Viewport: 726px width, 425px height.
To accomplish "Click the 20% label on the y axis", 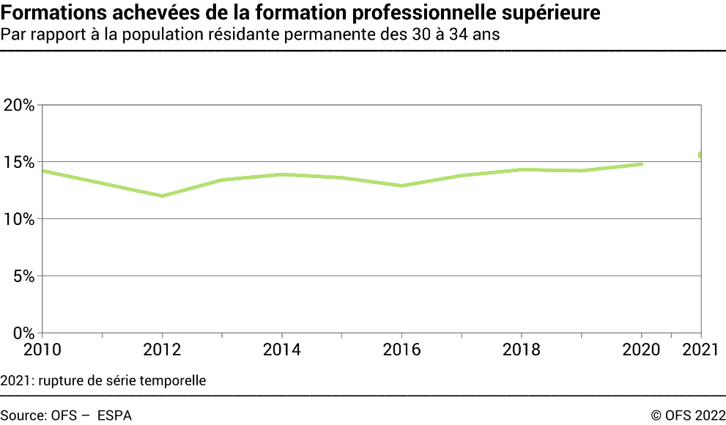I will click(20, 105).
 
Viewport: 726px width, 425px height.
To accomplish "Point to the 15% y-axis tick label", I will click(20, 162).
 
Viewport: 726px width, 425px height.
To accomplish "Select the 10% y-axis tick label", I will click(20, 219).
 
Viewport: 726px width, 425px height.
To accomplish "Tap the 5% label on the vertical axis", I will click(24, 276).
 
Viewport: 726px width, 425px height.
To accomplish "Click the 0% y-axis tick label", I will click(24, 333).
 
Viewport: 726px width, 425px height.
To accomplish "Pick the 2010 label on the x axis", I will click(42, 350).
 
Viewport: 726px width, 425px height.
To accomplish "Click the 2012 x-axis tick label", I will click(162, 350).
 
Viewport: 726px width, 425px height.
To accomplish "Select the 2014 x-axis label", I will click(282, 350).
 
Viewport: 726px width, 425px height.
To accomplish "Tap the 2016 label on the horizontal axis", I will click(402, 350).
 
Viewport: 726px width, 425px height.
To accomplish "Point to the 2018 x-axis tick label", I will click(522, 350).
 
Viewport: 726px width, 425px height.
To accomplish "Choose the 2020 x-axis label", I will click(642, 350).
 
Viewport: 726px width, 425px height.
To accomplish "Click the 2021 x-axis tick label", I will click(701, 350).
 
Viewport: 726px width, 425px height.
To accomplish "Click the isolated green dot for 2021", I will click(701, 155).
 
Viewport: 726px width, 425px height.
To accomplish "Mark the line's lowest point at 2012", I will click(162, 196).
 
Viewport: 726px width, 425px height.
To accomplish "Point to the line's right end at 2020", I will click(642, 164).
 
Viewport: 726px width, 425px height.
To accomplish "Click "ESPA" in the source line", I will click(114, 415).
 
